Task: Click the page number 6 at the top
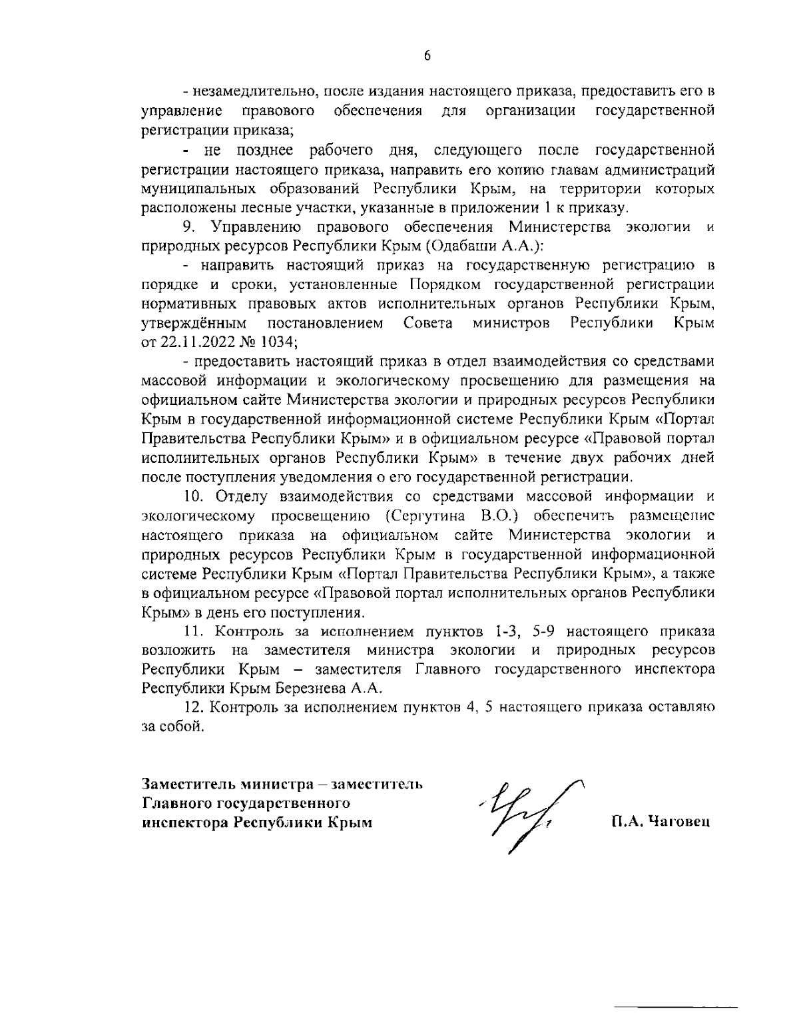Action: pos(427,56)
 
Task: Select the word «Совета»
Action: pos(429,324)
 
